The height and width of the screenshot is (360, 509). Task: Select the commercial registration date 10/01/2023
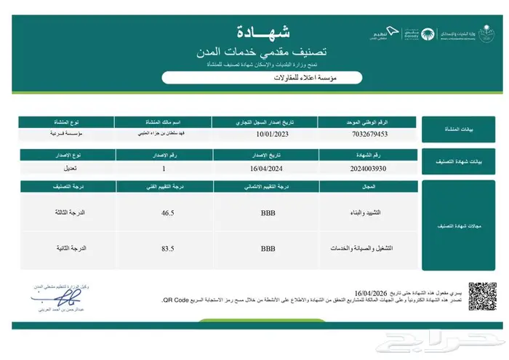click(268, 135)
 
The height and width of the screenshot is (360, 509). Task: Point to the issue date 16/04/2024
click(268, 168)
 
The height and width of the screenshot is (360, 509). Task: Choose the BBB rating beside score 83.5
click(268, 249)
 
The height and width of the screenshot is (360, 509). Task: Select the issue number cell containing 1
click(164, 168)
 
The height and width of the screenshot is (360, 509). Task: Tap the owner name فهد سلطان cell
click(164, 135)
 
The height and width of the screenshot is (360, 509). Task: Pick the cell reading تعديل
click(57, 168)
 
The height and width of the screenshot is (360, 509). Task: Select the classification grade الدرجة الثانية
click(71, 249)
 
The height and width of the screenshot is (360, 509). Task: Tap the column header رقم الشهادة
click(369, 155)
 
